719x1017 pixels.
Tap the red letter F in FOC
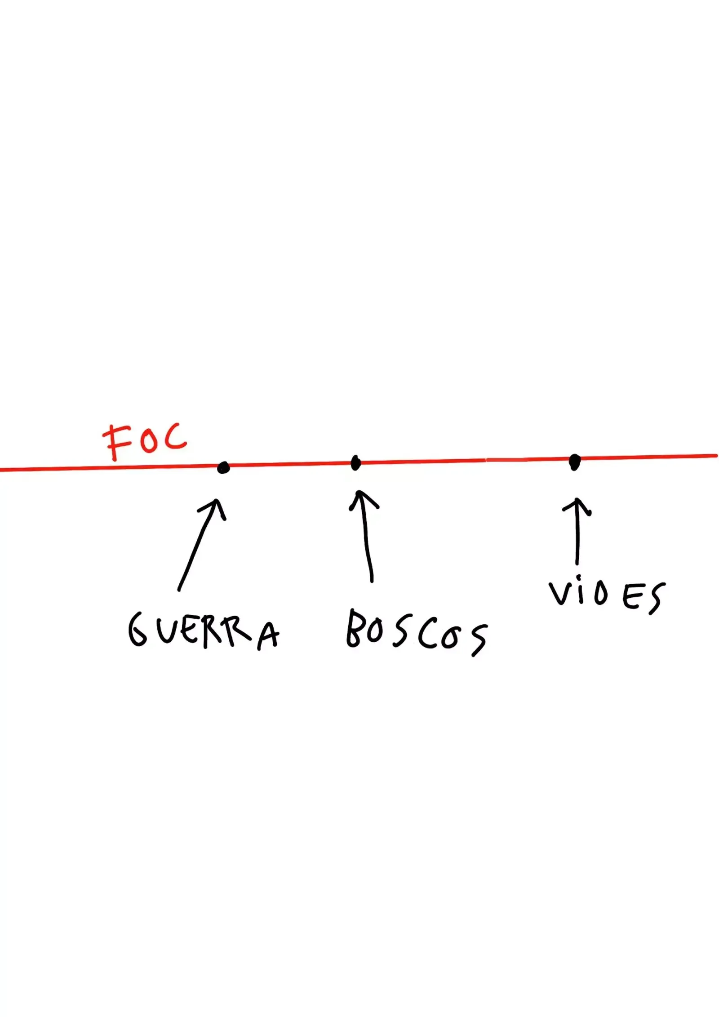(x=115, y=443)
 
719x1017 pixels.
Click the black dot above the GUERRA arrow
(x=223, y=468)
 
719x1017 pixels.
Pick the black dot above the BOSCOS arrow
(x=355, y=463)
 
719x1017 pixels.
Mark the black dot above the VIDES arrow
(x=574, y=462)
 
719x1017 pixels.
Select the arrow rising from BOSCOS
(x=367, y=537)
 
